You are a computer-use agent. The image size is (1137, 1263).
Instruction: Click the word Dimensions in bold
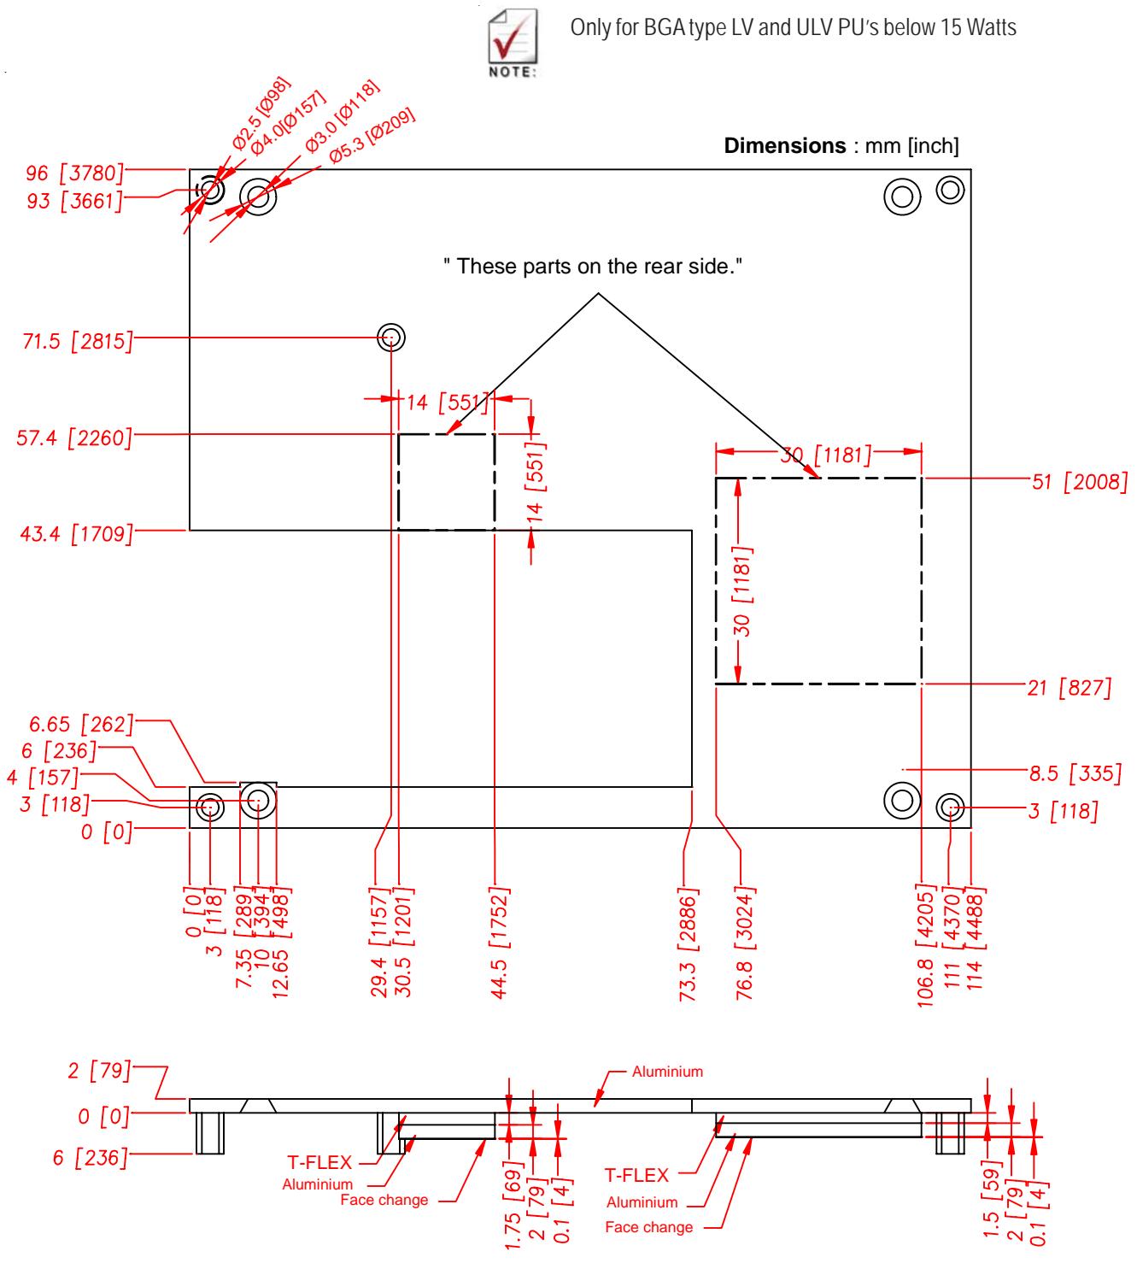pos(784,145)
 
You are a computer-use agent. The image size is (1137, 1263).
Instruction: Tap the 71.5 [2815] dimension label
pos(78,341)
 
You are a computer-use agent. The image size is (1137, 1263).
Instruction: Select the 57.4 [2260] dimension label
pos(74,438)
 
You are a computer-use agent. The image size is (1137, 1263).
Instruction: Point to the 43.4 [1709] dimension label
pos(77,534)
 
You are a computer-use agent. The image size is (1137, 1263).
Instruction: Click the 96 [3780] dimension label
pos(74,173)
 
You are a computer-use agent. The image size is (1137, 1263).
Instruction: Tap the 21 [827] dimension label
pos(1070,688)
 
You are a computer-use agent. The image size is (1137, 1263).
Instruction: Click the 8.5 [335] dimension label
pos(1075,773)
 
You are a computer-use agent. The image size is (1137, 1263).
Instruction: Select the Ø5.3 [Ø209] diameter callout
pos(372,136)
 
